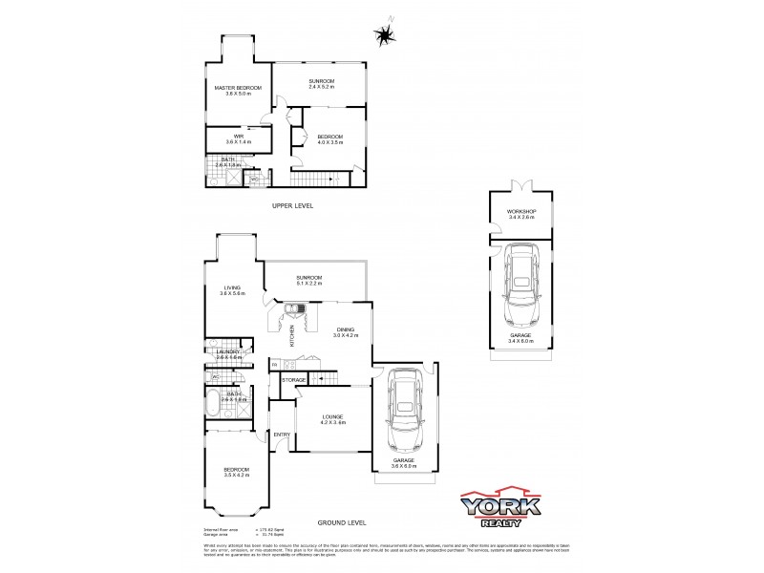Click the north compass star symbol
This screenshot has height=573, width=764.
tap(385, 35)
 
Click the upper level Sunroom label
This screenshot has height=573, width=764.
tap(320, 83)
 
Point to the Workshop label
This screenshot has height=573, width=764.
tap(520, 214)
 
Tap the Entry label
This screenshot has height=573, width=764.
tap(282, 435)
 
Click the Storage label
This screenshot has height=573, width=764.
tap(294, 380)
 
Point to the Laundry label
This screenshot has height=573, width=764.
tap(228, 353)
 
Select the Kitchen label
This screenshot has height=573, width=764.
tap(291, 335)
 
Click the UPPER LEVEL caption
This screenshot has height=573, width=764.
tap(292, 205)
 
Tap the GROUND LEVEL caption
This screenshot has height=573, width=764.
tap(343, 522)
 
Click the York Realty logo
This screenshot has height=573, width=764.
tap(501, 508)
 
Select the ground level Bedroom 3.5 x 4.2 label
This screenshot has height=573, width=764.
tap(236, 472)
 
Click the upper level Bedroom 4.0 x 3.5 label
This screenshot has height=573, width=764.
tap(329, 139)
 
